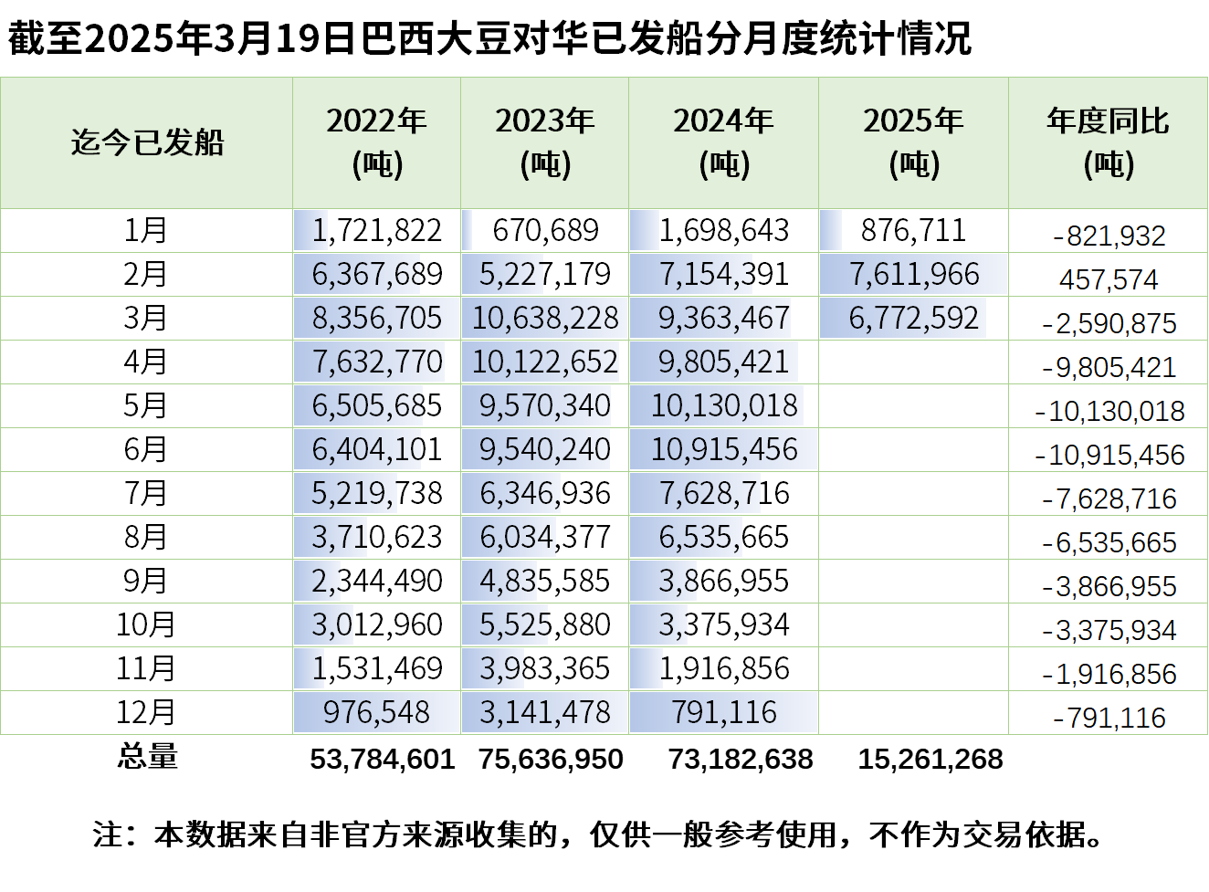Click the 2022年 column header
click(376, 142)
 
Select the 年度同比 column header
click(1108, 142)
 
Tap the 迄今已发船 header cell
click(147, 142)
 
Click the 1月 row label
click(146, 230)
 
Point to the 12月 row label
click(146, 712)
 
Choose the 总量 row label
click(147, 757)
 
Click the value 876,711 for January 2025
click(913, 230)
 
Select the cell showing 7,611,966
click(913, 274)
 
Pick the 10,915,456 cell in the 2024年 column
click(723, 449)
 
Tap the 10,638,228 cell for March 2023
click(545, 318)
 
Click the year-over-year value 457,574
click(1108, 279)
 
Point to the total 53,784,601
click(382, 759)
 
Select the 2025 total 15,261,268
click(930, 759)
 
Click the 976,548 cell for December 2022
click(376, 712)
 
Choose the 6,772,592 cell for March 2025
click(913, 318)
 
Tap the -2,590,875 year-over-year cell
click(1108, 323)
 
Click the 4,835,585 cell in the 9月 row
click(545, 581)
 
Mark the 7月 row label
click(146, 493)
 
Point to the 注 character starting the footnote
click(107, 834)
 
